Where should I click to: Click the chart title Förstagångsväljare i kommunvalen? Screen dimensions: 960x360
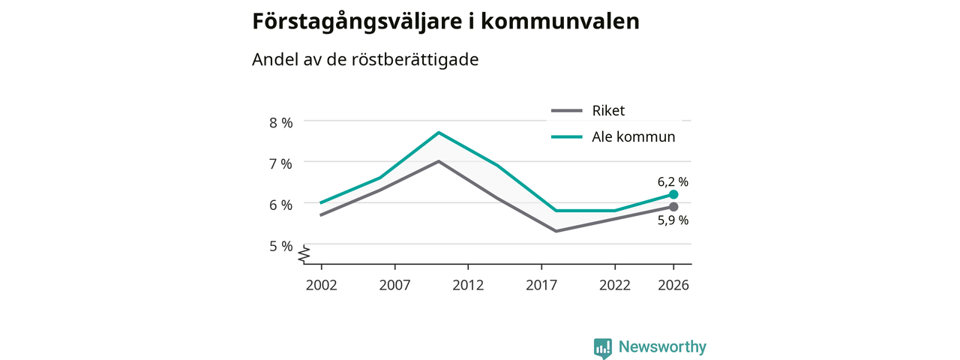445,22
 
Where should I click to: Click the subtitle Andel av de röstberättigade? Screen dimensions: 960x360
365,59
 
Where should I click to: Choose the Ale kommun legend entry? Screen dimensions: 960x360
613,136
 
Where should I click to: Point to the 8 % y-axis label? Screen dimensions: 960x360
280,123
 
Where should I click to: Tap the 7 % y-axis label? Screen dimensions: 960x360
280,163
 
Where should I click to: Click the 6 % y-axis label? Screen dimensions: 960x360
280,205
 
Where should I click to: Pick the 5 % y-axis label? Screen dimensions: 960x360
280,246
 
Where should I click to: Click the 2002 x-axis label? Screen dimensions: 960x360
322,285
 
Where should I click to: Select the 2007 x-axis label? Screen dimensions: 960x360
394,285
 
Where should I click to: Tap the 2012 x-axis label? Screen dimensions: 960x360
468,285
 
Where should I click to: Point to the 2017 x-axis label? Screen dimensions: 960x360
541,285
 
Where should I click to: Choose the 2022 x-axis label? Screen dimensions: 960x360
615,285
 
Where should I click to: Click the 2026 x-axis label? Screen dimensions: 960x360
673,285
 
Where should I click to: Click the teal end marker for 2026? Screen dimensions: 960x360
673,194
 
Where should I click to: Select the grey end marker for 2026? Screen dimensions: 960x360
673,207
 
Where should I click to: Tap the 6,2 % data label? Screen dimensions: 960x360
673,182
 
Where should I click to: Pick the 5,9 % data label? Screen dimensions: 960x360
673,220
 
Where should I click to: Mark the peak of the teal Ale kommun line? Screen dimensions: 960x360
439,133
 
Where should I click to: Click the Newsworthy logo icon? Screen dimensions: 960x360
602,348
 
